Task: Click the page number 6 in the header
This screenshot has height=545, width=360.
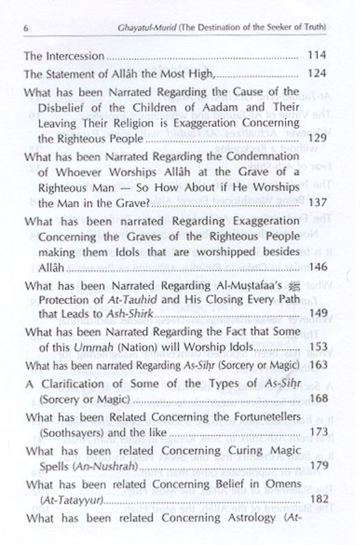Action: [x=24, y=28]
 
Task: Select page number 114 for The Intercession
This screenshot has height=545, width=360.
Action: [x=317, y=56]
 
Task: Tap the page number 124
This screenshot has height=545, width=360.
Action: [x=317, y=74]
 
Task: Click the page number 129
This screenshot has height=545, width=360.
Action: [x=317, y=138]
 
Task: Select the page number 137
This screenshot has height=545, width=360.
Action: [x=317, y=203]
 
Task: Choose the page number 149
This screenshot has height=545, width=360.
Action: [x=317, y=315]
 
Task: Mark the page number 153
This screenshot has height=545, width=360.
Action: [x=317, y=347]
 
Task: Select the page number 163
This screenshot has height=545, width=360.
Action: [x=317, y=366]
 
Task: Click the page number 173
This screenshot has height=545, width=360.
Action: [x=317, y=430]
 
